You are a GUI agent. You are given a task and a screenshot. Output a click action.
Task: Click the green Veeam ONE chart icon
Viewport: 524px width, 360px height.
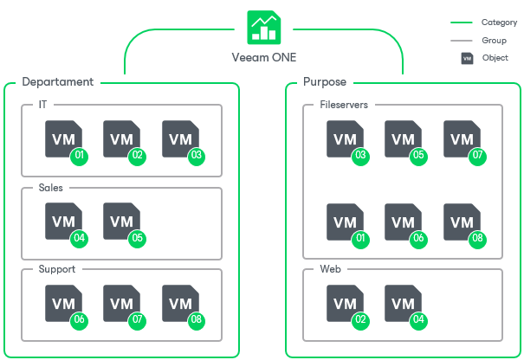coord(264,27)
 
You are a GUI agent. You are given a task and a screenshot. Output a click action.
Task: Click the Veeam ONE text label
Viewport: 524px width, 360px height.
coord(264,59)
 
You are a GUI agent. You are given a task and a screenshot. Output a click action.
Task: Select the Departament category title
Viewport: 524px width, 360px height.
coord(57,82)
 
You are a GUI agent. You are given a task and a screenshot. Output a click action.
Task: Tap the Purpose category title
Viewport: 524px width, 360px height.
coord(325,82)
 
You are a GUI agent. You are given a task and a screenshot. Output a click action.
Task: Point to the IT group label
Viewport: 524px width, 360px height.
coord(43,105)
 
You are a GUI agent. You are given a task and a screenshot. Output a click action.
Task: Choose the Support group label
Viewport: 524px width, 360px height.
coord(57,269)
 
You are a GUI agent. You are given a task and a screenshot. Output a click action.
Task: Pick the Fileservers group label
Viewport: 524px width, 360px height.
coord(344,105)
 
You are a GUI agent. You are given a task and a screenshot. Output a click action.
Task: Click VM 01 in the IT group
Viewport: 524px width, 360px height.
coord(63,139)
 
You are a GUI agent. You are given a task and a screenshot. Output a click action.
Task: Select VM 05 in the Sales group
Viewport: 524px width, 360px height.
coord(121,222)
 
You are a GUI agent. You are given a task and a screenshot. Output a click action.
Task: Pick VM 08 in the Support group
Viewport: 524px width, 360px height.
coord(180,304)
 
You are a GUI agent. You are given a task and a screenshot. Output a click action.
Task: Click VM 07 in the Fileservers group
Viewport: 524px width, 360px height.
coord(462,139)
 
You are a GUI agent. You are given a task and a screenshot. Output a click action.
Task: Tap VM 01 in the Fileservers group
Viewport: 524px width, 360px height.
coord(345,222)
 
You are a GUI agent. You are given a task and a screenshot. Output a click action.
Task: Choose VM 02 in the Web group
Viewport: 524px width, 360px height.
coord(345,304)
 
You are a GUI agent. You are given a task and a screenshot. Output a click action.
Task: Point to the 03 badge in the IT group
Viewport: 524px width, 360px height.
coord(197,156)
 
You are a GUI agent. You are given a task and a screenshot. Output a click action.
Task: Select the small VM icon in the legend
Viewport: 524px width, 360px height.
coord(468,59)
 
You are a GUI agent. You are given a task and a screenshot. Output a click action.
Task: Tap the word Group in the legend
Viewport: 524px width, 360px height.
coord(494,41)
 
